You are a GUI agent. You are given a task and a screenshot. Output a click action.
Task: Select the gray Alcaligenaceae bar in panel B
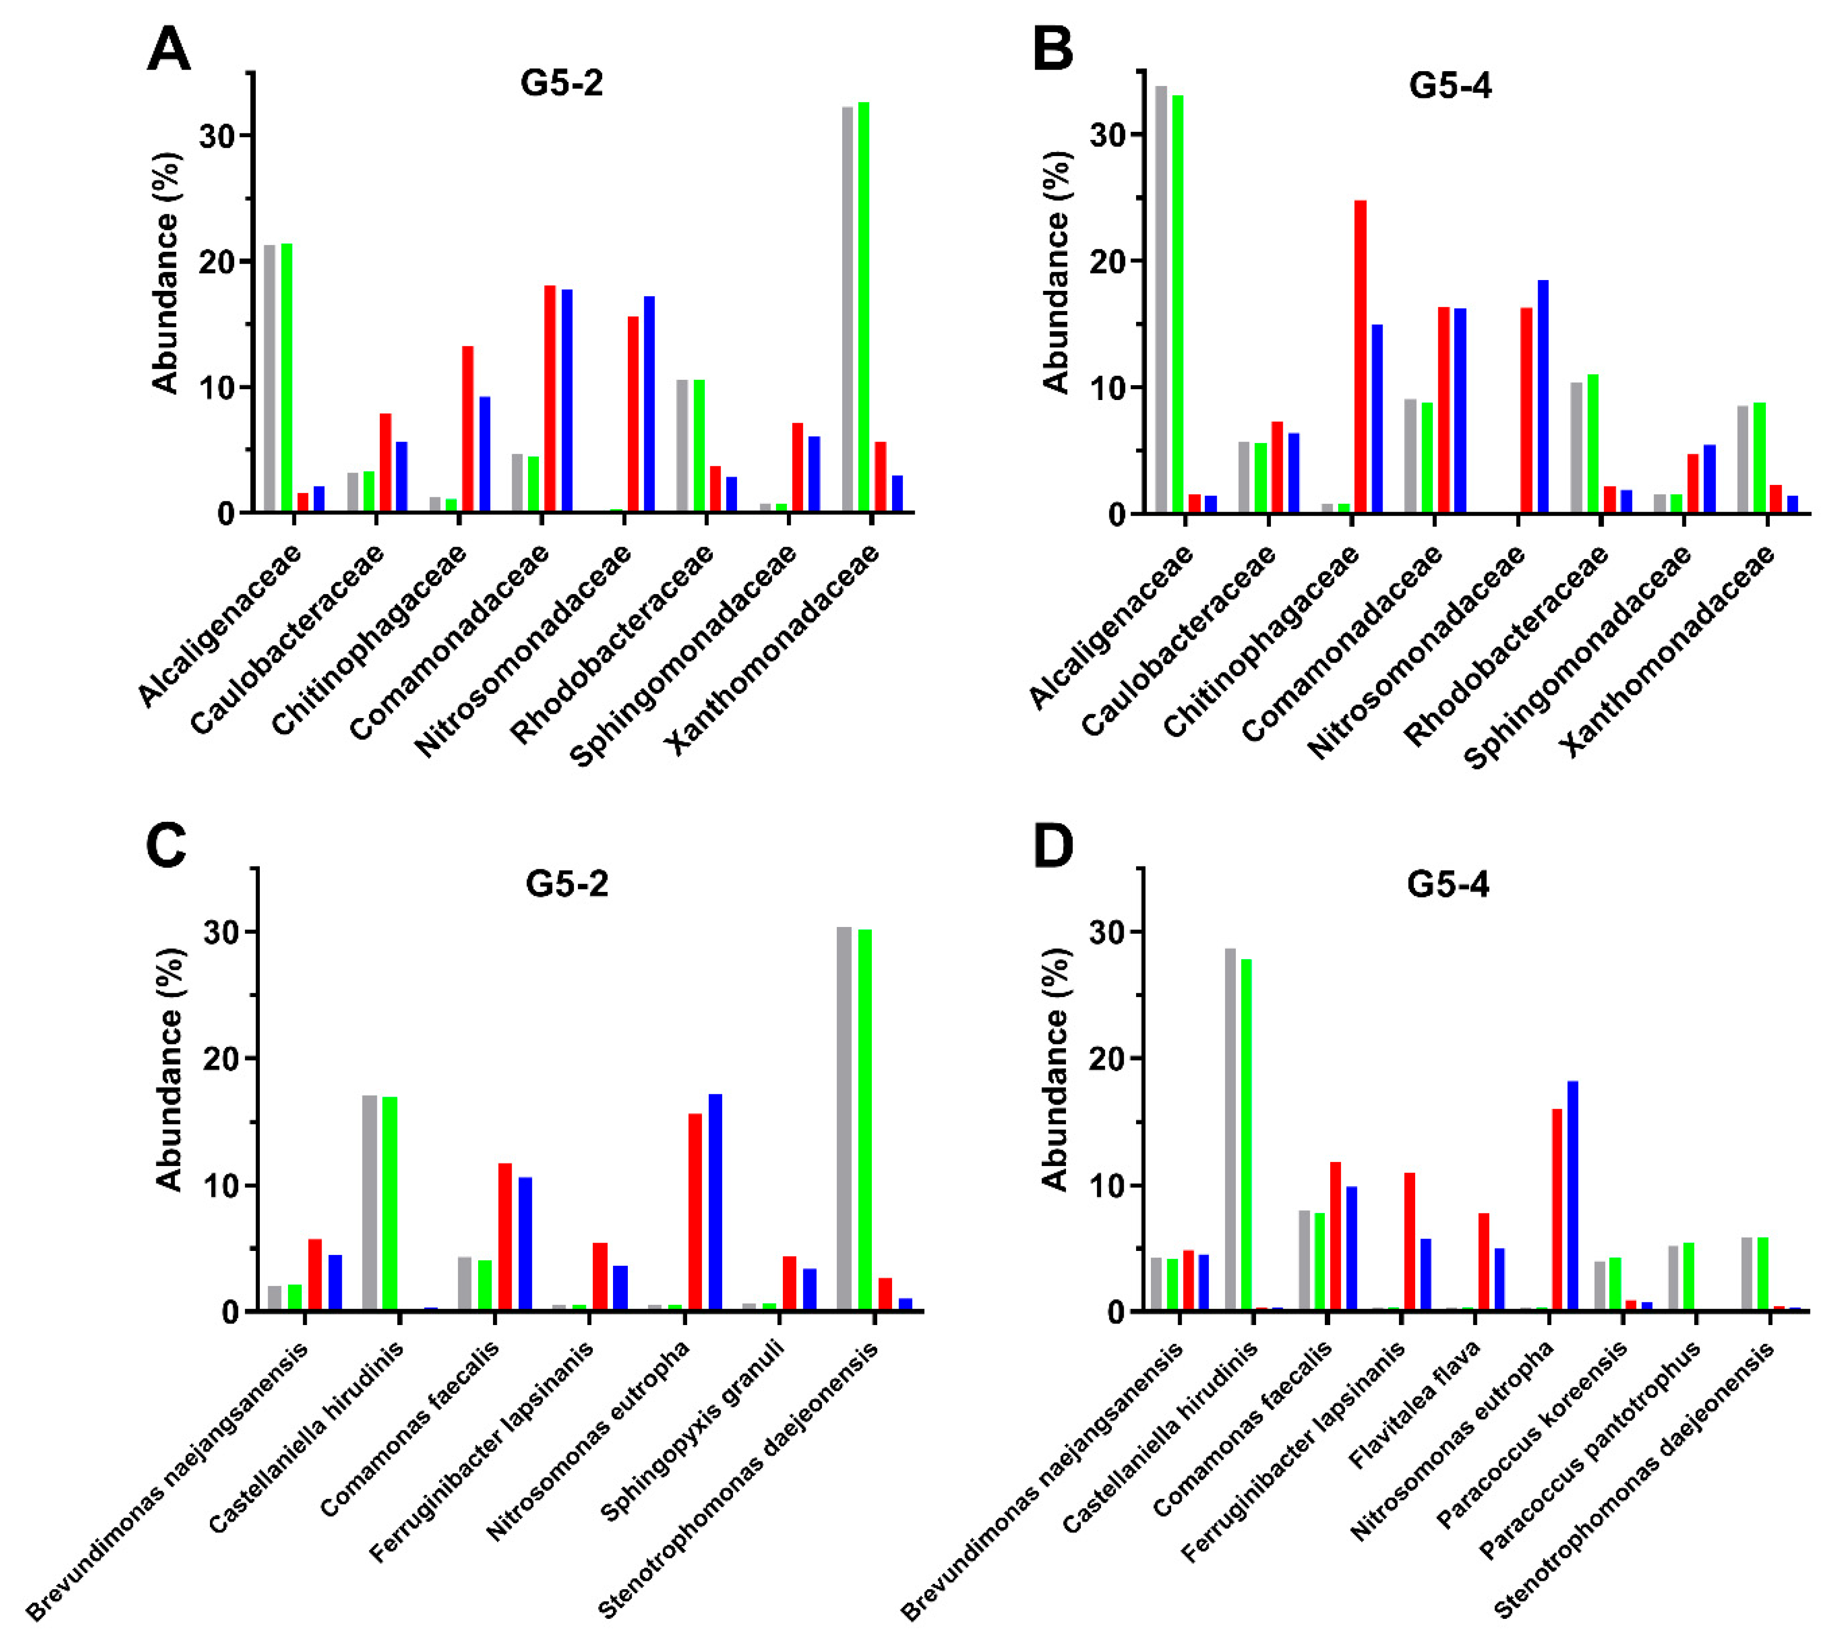1161,299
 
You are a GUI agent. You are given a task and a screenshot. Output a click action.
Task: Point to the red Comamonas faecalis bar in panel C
505,1237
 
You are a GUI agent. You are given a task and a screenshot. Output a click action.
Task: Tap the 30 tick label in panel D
1101,932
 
